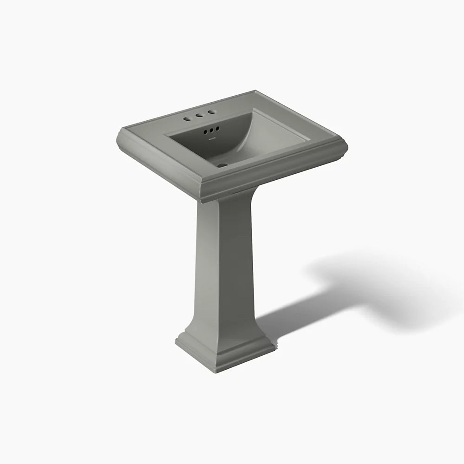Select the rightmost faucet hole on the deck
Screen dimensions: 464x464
[x=211, y=112]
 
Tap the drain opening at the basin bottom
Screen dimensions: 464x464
[x=222, y=164]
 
